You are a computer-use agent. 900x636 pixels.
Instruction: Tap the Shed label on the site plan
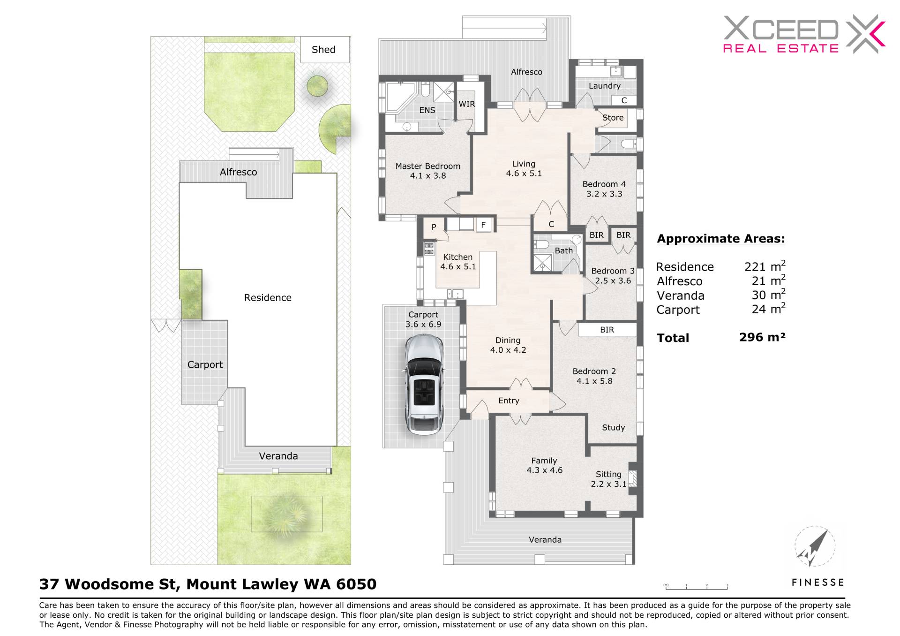(323, 50)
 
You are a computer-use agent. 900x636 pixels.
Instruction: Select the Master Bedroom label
(427, 166)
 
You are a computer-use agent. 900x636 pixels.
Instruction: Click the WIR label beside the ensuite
(466, 104)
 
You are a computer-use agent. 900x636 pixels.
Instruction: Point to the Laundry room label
(604, 86)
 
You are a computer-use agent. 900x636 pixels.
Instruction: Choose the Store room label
(613, 118)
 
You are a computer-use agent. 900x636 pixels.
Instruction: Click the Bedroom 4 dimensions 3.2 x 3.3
(604, 194)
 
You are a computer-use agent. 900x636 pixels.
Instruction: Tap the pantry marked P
(434, 227)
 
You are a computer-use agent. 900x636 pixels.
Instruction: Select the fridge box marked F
(483, 225)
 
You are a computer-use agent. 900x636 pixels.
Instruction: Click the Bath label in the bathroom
(563, 251)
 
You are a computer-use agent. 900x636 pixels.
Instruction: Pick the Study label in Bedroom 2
(613, 428)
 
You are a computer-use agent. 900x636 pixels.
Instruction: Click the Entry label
(509, 401)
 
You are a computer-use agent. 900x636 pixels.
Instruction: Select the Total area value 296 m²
(762, 337)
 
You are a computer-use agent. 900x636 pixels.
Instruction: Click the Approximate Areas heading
(721, 239)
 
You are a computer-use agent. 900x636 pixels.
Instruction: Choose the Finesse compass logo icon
(815, 547)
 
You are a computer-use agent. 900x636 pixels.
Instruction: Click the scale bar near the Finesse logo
(696, 586)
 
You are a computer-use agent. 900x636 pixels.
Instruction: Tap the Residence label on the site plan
(268, 298)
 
